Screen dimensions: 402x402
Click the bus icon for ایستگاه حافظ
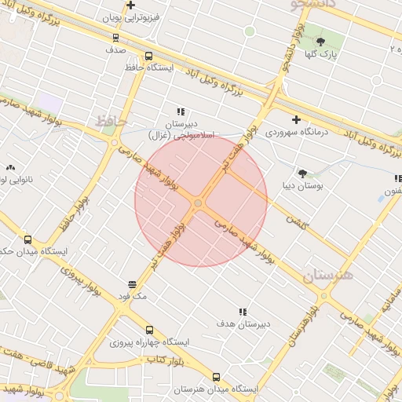[149, 56]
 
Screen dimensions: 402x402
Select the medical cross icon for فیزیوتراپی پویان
[130, 5]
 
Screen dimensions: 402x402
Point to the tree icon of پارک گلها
[320, 42]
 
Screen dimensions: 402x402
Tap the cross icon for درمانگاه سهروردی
[296, 119]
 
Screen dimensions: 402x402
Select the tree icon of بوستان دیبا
[303, 173]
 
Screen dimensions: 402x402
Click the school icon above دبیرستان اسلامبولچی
[181, 111]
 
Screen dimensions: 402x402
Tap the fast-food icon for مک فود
[132, 284]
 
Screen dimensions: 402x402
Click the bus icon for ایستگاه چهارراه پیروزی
[149, 330]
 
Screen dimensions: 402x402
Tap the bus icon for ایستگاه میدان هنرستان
[217, 377]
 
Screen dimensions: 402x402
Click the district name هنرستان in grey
[327, 274]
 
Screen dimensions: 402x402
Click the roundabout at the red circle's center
[199, 203]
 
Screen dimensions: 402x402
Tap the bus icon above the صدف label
[116, 36]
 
